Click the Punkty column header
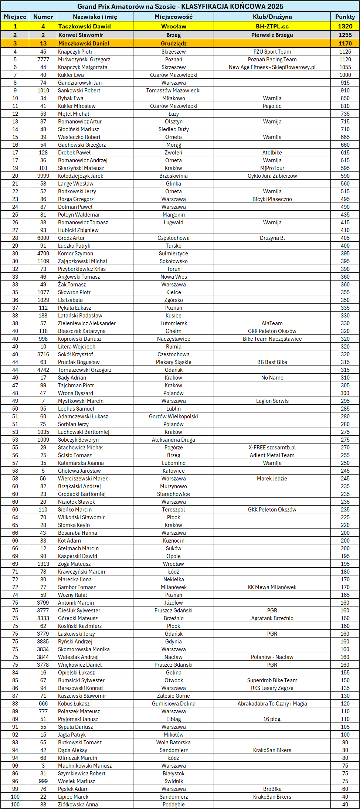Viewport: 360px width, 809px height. click(x=345, y=17)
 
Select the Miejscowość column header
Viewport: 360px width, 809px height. click(x=173, y=17)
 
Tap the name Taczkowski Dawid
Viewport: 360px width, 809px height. click(x=84, y=26)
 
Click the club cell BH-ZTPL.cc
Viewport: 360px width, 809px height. click(x=272, y=26)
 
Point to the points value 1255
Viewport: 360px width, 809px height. click(x=345, y=35)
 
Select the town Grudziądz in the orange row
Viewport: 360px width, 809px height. click(x=173, y=43)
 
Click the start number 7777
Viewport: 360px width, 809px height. click(x=43, y=60)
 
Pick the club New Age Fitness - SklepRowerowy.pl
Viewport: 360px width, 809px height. click(x=272, y=67)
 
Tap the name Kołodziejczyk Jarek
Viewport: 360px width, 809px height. click(x=81, y=176)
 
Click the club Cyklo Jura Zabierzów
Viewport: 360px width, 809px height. click(x=272, y=176)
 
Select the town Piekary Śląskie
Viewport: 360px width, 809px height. click(x=173, y=362)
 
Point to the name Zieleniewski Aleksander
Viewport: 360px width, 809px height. click(x=87, y=323)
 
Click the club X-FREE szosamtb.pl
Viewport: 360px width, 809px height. click(x=272, y=448)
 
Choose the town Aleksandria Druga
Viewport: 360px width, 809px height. click(x=173, y=440)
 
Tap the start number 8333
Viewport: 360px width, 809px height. click(x=43, y=618)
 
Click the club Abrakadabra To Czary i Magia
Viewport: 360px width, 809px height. click(x=272, y=704)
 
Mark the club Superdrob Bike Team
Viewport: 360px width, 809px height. click(x=272, y=680)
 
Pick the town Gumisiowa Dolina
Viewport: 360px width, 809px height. click(x=173, y=704)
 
